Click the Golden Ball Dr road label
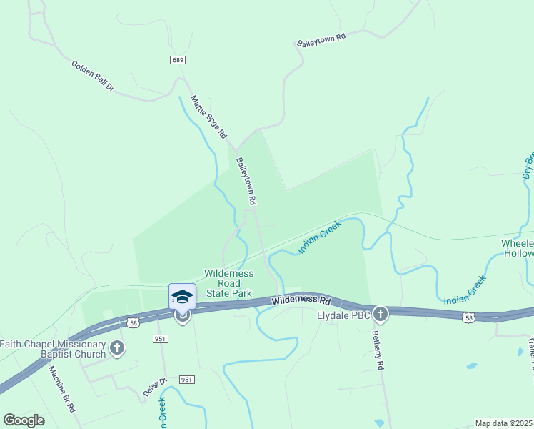coord(93,76)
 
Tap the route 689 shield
coord(178,60)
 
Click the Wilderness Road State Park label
coord(228,283)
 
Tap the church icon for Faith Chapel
coord(118,349)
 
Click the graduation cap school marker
coord(182,296)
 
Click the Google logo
coord(24,420)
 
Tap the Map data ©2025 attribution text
coord(504,423)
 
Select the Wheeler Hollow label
coord(518,249)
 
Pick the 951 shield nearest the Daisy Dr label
coord(186,379)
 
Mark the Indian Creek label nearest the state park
coord(320,237)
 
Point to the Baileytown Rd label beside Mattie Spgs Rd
coord(246,182)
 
